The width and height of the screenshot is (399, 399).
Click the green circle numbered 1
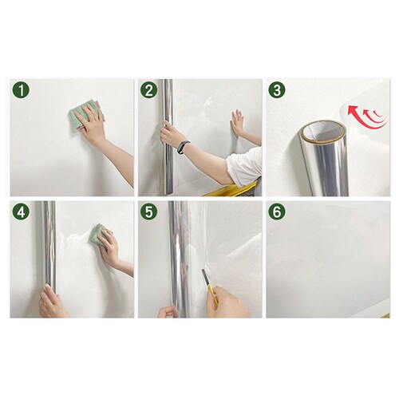[x=21, y=90]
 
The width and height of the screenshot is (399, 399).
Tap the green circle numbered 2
[x=149, y=90]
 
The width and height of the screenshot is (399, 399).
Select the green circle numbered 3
[x=277, y=90]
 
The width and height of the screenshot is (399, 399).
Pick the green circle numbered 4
[x=21, y=211]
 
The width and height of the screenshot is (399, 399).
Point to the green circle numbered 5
[x=149, y=211]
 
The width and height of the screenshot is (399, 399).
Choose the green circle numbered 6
[x=277, y=211]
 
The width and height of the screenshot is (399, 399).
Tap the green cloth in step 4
[x=97, y=235]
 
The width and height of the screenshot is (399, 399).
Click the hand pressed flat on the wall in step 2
[x=238, y=122]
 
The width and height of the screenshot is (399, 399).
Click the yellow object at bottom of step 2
[x=231, y=189]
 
